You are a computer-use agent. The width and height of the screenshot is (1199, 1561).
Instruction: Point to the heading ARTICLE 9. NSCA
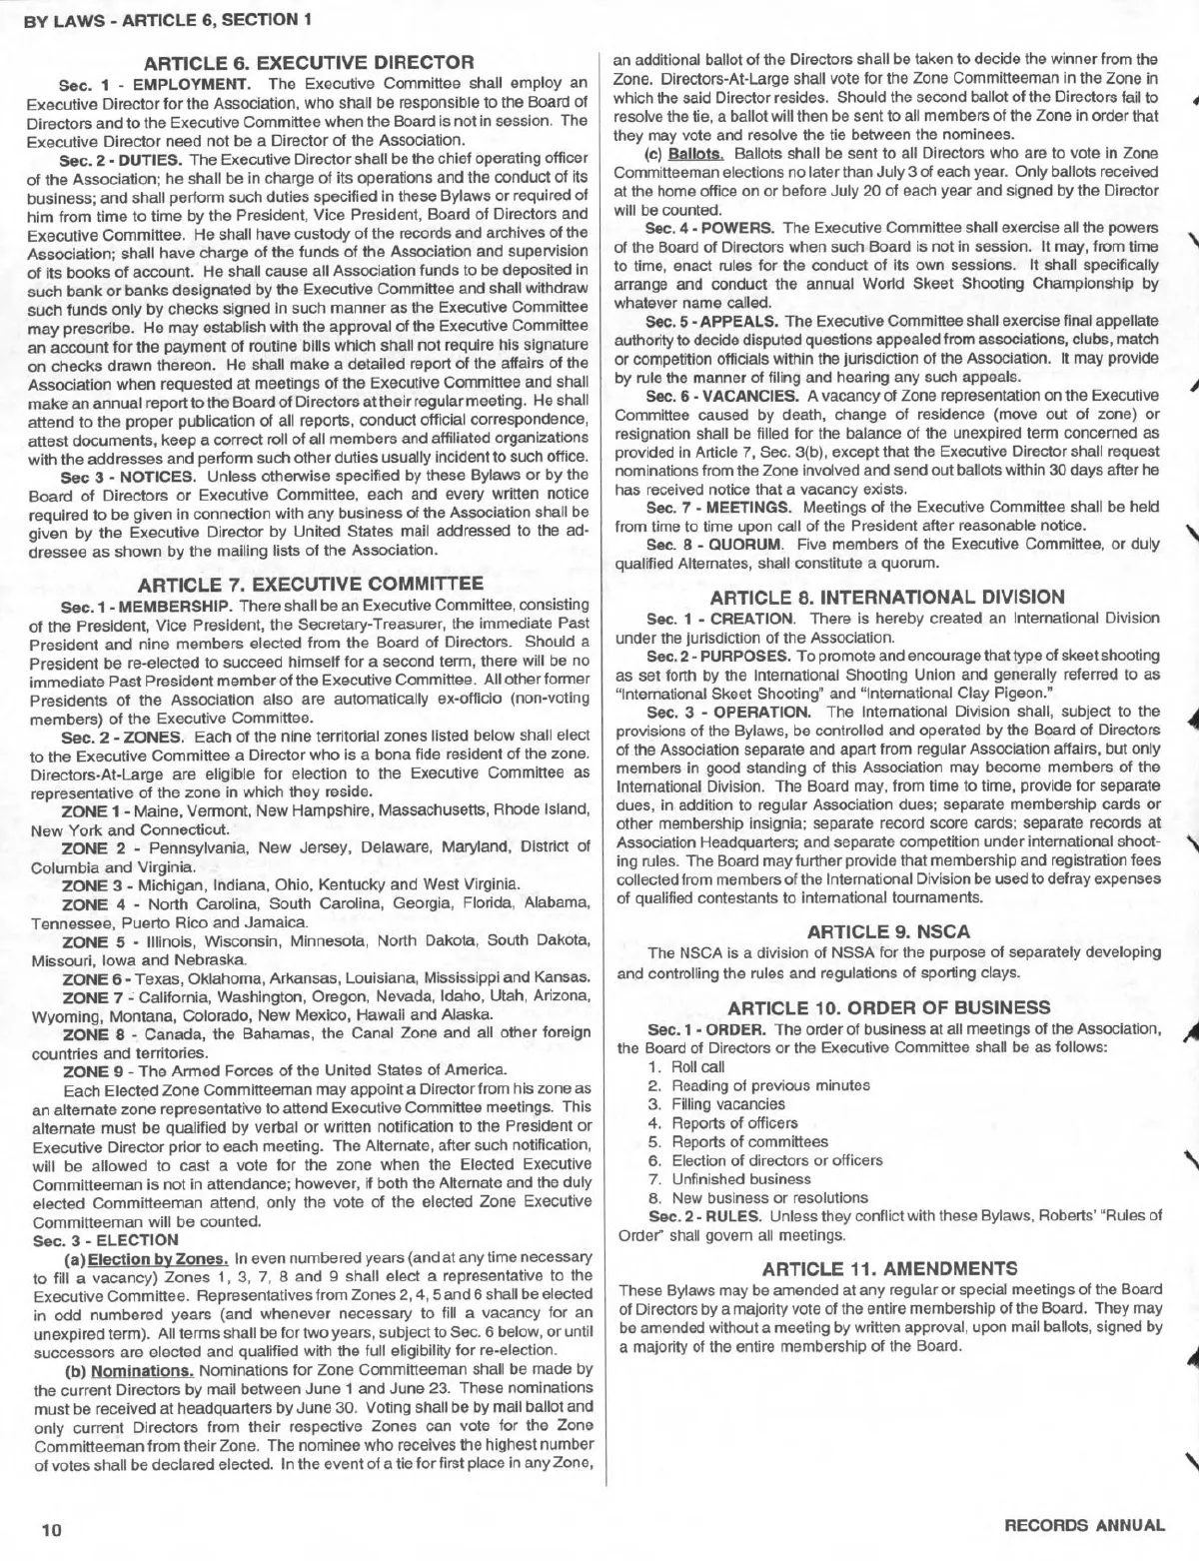coord(888,931)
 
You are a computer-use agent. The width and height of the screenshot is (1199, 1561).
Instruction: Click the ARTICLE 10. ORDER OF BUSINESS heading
coord(888,1006)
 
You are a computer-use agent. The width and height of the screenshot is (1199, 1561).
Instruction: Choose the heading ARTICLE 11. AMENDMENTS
coord(888,1268)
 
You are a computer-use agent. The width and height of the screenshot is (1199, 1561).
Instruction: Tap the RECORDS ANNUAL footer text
coord(1084,1525)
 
